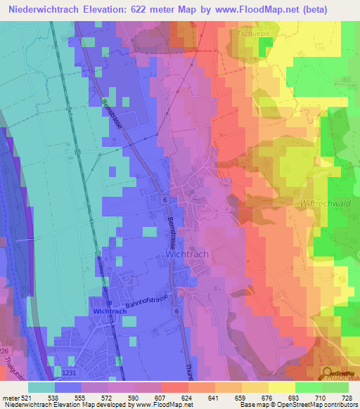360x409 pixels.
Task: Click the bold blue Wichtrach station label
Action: [109, 310]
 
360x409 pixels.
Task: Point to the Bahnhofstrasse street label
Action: [148, 304]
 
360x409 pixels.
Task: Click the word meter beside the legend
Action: [10, 398]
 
